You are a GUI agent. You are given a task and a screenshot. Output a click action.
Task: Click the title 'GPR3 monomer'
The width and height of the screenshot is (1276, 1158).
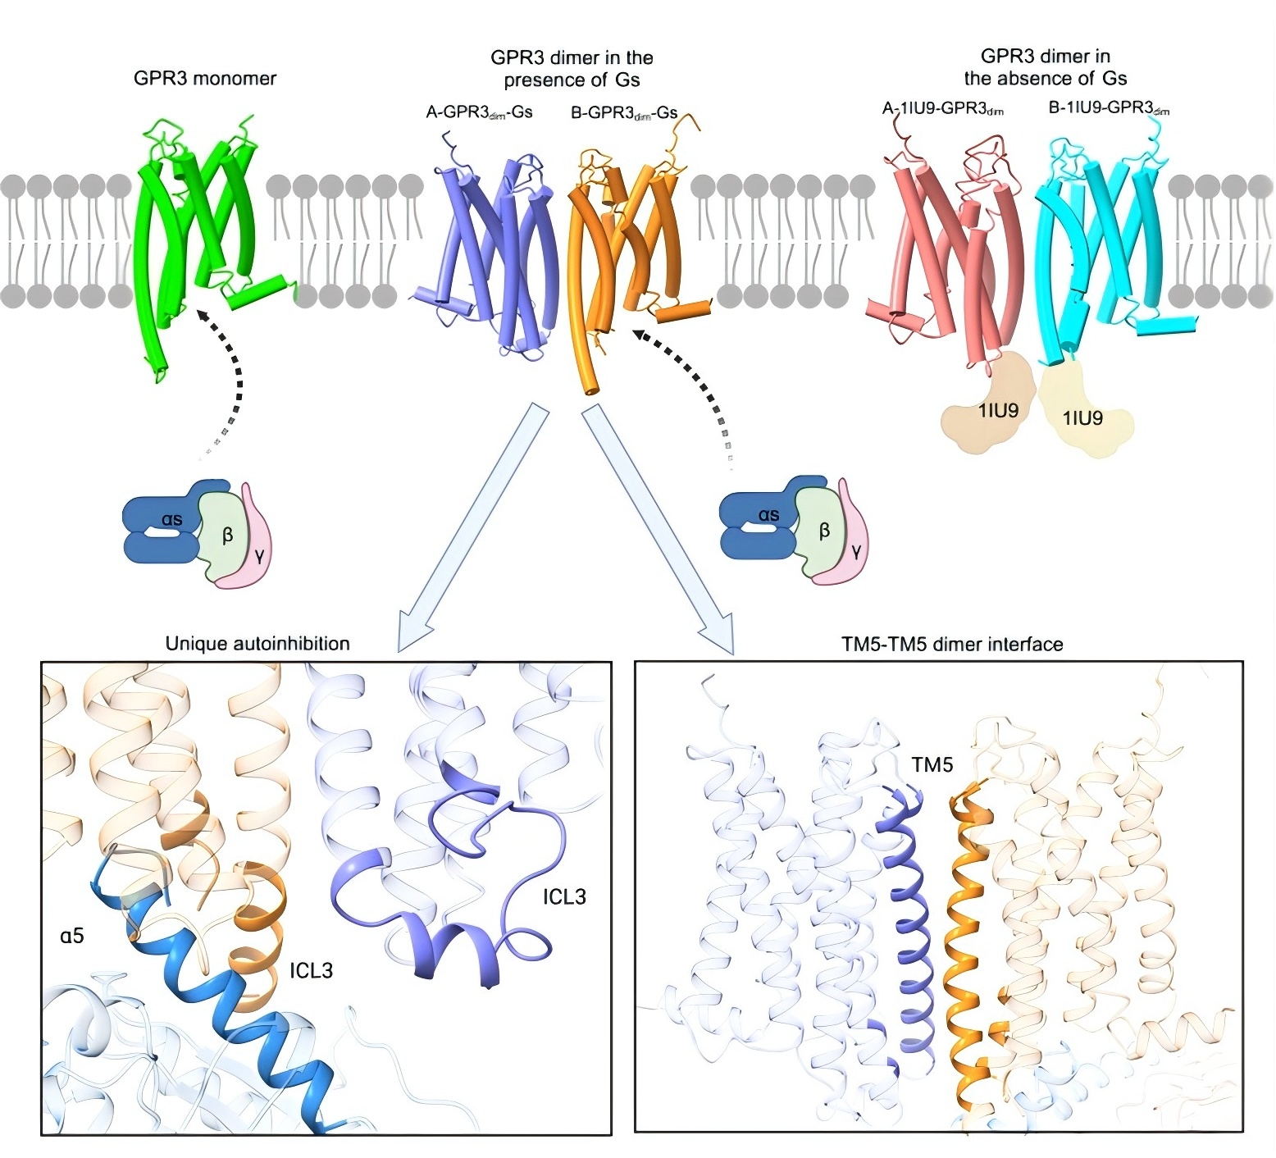[x=205, y=79]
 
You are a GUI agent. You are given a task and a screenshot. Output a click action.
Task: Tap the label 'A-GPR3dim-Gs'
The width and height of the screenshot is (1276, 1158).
[x=479, y=112]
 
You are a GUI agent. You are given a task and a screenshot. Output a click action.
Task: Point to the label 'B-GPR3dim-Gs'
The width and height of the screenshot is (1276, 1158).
[x=623, y=112]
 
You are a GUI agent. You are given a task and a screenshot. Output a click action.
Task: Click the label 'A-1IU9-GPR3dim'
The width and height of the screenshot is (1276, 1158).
[x=943, y=108]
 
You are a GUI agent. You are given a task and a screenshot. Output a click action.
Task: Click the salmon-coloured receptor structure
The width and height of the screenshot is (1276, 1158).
[x=951, y=246]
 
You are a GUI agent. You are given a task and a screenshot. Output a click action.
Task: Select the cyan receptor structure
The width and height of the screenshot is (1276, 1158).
[x=1099, y=246]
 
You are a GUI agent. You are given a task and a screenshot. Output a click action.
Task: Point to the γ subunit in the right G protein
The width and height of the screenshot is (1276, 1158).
[x=855, y=551]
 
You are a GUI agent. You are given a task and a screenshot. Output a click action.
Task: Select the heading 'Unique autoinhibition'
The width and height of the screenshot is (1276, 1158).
[x=257, y=644]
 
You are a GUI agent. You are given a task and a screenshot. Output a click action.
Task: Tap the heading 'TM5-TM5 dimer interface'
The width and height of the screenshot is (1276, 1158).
[x=952, y=645]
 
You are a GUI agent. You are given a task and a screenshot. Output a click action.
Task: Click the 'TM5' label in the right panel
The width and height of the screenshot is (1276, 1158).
[x=932, y=765]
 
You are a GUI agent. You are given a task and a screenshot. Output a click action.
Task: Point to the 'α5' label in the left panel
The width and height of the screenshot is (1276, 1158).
[x=72, y=934]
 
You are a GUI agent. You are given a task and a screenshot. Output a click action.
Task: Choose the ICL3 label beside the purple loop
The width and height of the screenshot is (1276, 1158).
[x=564, y=896]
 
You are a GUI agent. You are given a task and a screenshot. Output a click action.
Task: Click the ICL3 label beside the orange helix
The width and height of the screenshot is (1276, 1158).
[x=311, y=971]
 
